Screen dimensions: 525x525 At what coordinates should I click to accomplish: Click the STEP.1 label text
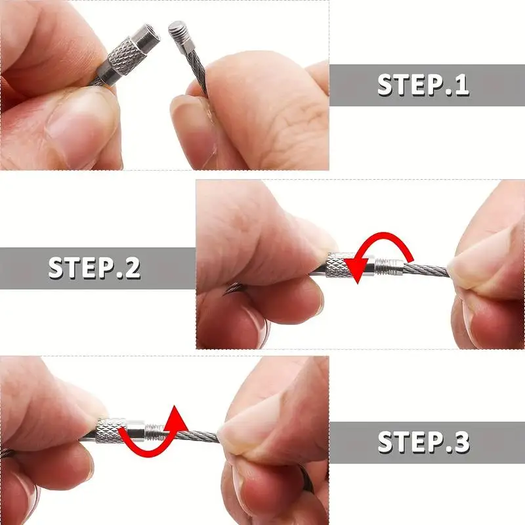(423, 85)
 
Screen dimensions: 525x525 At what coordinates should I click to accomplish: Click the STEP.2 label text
(94, 268)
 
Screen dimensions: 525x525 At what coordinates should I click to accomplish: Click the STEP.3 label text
(423, 442)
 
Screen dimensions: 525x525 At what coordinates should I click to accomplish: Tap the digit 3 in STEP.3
(461, 442)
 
